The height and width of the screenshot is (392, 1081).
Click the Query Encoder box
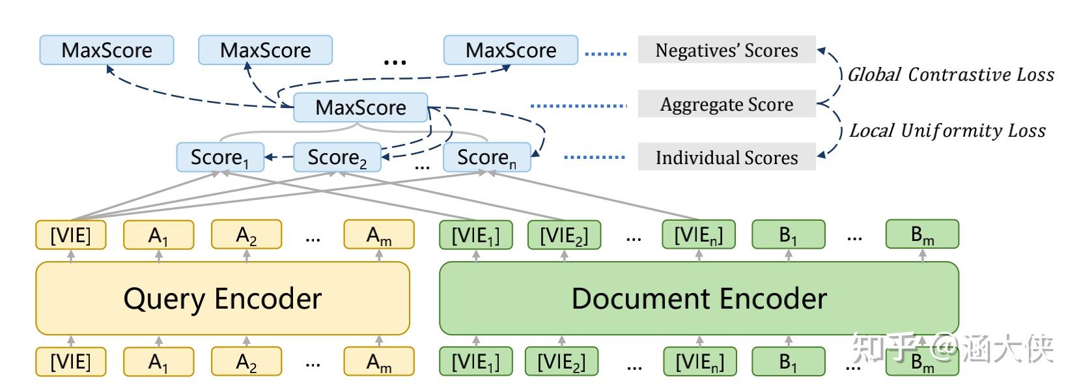point(222,298)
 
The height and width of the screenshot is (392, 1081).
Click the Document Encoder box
point(698,298)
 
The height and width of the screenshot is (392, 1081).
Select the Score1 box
point(220,158)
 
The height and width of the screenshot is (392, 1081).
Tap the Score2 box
point(337,158)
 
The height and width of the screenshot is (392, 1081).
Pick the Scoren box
point(486,158)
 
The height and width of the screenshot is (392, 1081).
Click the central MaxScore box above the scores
point(360,107)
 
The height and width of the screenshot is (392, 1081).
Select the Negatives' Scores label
point(726,50)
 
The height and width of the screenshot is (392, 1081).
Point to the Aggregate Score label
point(726,104)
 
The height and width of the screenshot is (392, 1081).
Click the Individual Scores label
point(726,158)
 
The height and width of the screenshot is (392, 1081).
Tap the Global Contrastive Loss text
point(950,75)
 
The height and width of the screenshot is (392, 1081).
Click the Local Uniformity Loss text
point(947,131)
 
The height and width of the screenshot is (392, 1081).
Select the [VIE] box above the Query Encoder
point(70,235)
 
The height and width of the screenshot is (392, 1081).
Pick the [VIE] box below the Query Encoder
point(70,361)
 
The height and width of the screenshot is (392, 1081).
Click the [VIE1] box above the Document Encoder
point(475,235)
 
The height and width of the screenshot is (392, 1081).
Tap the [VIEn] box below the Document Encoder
point(699,361)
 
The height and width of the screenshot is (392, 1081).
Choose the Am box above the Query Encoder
point(378,235)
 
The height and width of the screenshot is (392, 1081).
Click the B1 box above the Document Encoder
point(788,235)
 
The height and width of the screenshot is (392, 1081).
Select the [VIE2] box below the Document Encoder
point(561,361)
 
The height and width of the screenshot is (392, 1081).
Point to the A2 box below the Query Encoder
point(246,361)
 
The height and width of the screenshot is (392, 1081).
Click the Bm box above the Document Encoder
point(921,235)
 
